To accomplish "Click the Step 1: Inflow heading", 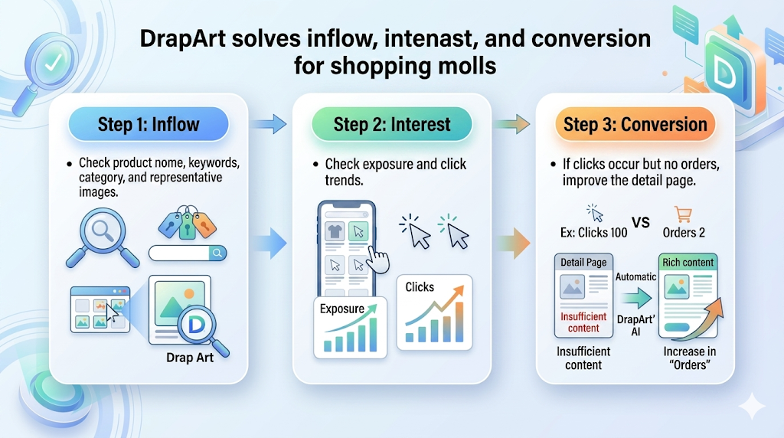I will (x=148, y=124).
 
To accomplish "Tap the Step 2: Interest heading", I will (x=392, y=124).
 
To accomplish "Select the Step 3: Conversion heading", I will (x=635, y=124).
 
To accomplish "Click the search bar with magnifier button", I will (x=188, y=253).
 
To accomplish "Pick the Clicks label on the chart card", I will (x=420, y=287).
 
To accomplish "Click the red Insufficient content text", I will (x=583, y=322).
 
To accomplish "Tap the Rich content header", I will (x=688, y=263).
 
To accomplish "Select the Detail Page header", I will (x=583, y=263).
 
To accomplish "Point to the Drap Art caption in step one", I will (x=190, y=358).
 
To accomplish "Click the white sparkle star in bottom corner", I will (x=751, y=406).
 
